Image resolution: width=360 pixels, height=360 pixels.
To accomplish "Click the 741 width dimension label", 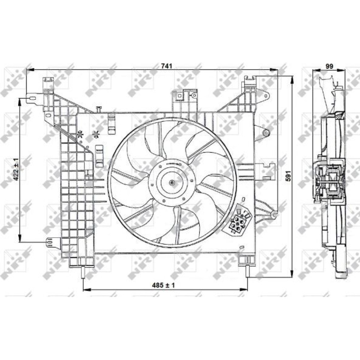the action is [x=166, y=66].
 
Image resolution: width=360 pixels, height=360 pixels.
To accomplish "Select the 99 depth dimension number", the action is [x=329, y=66].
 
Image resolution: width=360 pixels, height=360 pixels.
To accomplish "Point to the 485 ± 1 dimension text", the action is [x=163, y=285].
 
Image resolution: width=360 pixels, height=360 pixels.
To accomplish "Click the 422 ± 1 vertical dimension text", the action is [x=16, y=169].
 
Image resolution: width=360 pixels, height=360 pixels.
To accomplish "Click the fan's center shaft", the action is [x=172, y=183].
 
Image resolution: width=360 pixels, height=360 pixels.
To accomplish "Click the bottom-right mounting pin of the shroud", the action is [x=248, y=271].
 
